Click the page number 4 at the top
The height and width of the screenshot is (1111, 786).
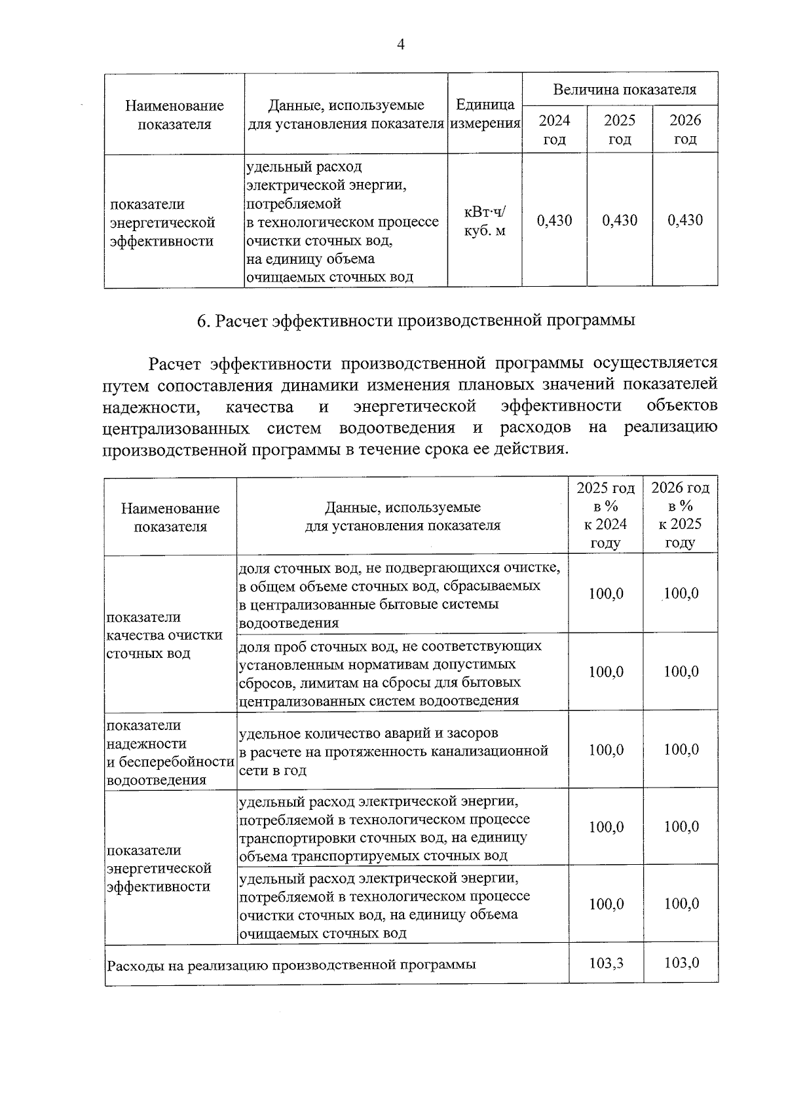[401, 44]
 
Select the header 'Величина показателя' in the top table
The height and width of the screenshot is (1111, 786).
[624, 90]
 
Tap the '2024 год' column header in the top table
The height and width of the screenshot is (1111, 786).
[554, 130]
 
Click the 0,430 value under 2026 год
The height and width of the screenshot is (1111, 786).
[685, 221]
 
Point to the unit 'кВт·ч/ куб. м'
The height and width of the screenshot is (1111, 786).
[485, 221]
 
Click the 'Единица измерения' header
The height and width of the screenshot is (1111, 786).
[485, 114]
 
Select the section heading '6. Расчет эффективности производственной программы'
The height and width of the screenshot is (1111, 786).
[416, 321]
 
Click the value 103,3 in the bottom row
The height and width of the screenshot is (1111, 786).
[606, 963]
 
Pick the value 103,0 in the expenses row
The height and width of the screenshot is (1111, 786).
[681, 963]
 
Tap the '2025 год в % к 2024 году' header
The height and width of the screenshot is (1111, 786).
[606, 515]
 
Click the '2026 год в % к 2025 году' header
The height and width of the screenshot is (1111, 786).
[681, 515]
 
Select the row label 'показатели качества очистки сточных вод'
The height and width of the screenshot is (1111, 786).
[164, 635]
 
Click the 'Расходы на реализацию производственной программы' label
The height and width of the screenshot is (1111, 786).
[291, 964]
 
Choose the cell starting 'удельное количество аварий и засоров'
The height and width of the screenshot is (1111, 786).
[393, 751]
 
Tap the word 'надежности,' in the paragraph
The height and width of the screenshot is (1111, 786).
[151, 407]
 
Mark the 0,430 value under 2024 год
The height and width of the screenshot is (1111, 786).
[554, 221]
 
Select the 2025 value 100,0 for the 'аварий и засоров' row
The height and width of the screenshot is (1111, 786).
[606, 750]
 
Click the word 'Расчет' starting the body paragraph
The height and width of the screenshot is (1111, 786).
[174, 363]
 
